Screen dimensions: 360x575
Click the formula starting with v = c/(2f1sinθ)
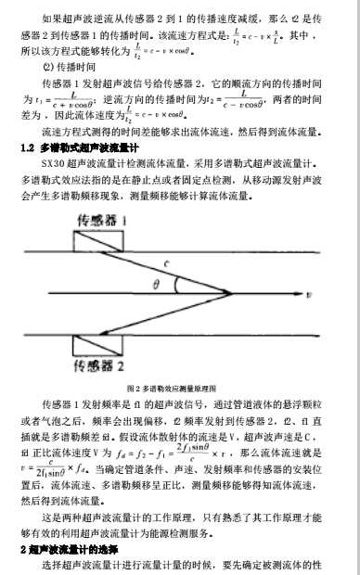coord(57,446)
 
